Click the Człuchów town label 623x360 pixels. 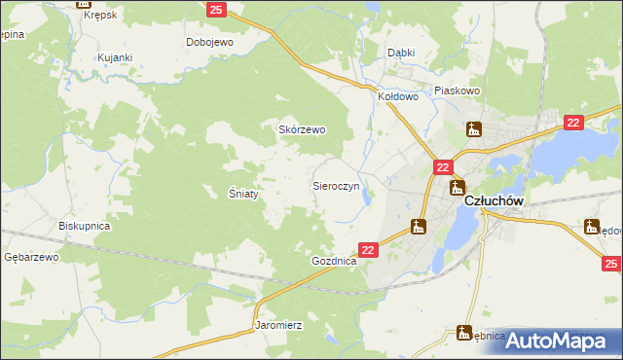tap(495, 200)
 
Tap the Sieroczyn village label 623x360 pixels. tap(336, 184)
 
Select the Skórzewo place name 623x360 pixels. tap(302, 129)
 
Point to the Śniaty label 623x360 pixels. tap(242, 194)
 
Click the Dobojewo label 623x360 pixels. tap(209, 43)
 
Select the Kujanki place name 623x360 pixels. tap(114, 58)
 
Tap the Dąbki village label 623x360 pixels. tap(401, 54)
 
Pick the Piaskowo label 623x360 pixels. tap(458, 90)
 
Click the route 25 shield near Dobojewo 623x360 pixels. tap(217, 10)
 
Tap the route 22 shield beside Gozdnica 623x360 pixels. tap(368, 250)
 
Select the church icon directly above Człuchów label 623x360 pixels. tap(456, 187)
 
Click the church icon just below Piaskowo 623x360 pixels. tap(474, 128)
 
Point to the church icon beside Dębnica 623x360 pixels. tap(464, 333)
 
